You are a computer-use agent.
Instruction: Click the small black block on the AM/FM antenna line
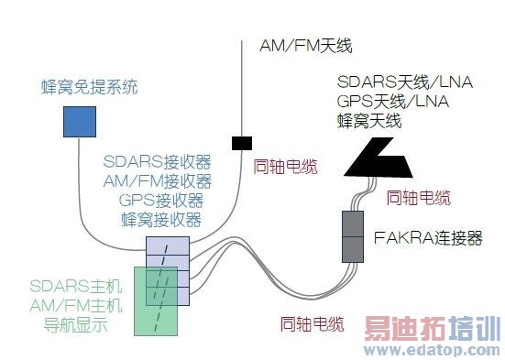click(x=241, y=142)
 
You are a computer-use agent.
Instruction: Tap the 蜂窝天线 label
click(x=369, y=119)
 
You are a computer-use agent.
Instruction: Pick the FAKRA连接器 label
click(x=428, y=238)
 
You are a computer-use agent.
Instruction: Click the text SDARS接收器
click(x=158, y=163)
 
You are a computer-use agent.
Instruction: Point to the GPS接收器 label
click(x=160, y=200)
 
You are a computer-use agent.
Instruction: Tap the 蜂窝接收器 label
click(x=160, y=219)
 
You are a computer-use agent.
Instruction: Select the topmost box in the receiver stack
click(x=168, y=245)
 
